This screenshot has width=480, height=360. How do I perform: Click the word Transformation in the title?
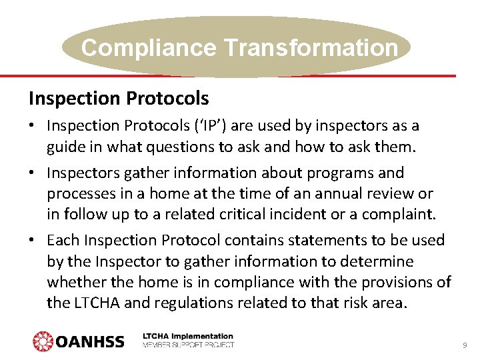(x=311, y=48)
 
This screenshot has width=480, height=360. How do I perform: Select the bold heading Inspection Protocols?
(x=119, y=99)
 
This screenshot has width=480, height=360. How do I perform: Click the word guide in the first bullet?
(x=64, y=147)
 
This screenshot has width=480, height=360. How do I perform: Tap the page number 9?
(x=465, y=345)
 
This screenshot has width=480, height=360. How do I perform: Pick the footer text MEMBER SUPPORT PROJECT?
(x=189, y=345)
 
